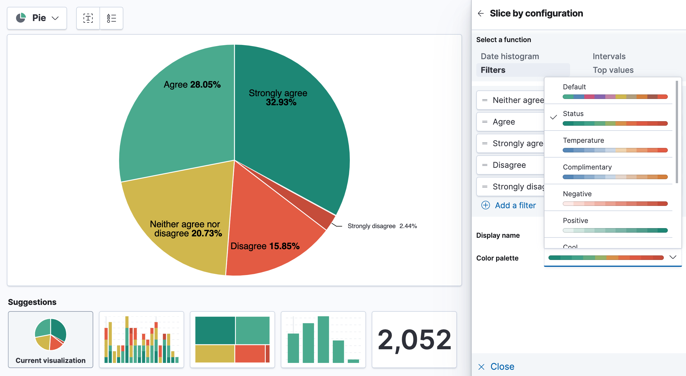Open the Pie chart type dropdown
37,18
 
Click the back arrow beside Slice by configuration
481,13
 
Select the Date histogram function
510,56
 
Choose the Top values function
613,70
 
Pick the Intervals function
609,56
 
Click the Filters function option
493,70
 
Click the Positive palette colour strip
615,230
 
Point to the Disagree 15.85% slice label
265,246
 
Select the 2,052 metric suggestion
414,339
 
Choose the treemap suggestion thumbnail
232,339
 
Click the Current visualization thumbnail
51,339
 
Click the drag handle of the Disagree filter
485,165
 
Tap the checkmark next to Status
553,117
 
